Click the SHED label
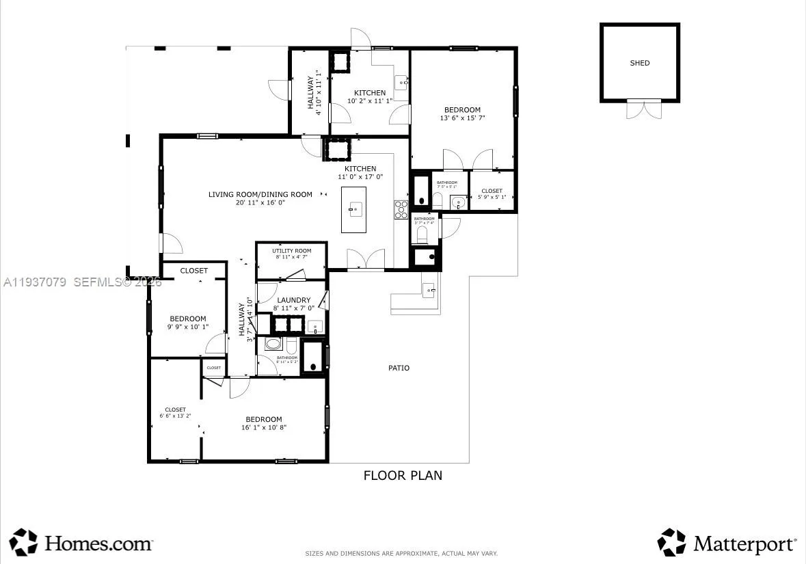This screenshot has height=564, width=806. click(639, 63)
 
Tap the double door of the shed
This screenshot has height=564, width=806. click(644, 109)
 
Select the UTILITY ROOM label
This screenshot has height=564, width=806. click(291, 251)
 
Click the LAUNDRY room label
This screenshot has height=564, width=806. click(294, 300)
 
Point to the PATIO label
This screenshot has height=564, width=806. click(399, 368)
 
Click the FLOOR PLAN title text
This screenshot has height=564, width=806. click(402, 475)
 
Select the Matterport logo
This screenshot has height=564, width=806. click(727, 543)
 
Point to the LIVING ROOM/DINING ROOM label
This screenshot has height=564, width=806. click(260, 194)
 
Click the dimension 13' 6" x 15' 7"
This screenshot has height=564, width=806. click(462, 118)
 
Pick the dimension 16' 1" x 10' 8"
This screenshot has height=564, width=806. click(263, 427)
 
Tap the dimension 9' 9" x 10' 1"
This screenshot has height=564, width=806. click(188, 327)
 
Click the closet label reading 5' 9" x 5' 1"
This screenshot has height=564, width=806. click(492, 197)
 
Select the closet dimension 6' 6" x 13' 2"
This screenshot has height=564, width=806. click(175, 416)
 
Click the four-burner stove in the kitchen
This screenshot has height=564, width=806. click(401, 209)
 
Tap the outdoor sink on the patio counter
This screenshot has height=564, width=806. click(428, 291)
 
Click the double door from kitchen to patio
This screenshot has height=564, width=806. click(365, 260)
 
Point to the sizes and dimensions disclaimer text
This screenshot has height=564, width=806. click(401, 553)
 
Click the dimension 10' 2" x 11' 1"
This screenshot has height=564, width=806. click(370, 100)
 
